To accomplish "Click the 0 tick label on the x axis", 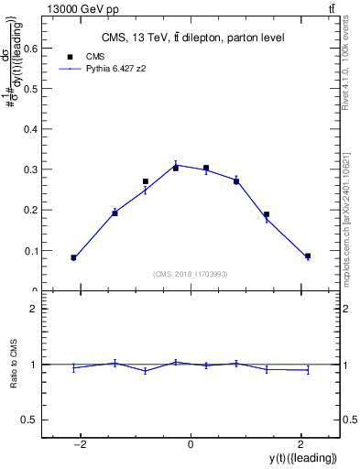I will click(x=191, y=445).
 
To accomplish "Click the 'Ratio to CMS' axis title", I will click(x=13, y=365).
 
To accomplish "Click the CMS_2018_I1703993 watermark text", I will click(x=191, y=274).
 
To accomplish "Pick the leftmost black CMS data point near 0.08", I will click(x=73, y=258).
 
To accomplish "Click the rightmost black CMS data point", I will click(x=308, y=256).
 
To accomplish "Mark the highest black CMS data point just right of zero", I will click(x=206, y=169).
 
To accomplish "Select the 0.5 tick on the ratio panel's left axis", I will click(x=31, y=420).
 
